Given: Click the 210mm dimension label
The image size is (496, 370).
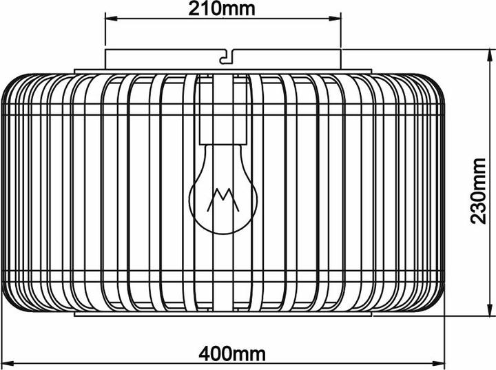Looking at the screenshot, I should (x=222, y=9).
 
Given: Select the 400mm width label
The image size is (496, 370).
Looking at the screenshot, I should (x=232, y=354).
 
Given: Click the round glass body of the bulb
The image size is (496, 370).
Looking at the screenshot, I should (x=222, y=200).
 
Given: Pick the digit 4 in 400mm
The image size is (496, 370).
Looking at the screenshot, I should (x=205, y=354).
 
